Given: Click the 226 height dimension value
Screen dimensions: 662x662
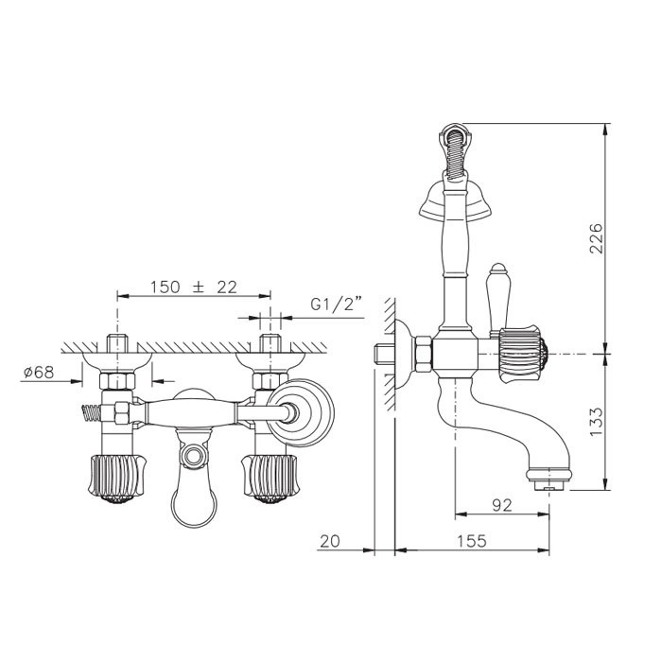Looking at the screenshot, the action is pos(596,237).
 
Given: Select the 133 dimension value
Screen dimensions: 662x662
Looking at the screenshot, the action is pos(596,422).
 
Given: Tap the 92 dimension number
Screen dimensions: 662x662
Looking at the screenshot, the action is pos(502,505).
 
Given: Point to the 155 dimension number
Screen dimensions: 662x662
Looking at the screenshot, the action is pos(472,541).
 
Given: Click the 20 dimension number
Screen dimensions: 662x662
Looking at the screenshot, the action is pos(330,541).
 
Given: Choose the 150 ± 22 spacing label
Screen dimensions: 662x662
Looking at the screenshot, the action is pos(194,287).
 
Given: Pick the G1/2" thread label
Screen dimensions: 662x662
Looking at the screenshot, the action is pos(337,304).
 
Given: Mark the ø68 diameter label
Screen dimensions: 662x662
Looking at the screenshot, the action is pos(40,372).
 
